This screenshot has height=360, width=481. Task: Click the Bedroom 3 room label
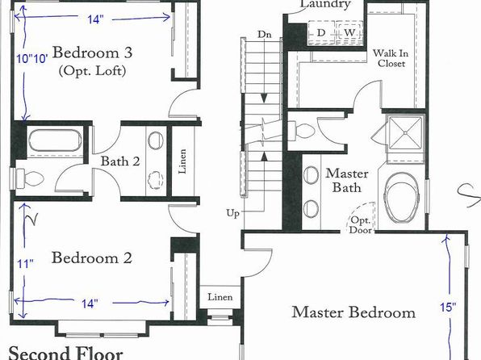click(92, 52)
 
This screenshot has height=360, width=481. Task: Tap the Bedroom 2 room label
click(92, 257)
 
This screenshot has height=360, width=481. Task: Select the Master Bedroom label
click(353, 312)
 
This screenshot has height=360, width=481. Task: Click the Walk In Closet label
click(391, 58)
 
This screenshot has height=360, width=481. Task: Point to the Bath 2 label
click(120, 161)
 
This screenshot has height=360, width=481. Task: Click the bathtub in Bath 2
click(55, 140)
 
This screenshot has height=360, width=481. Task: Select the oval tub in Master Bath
click(401, 199)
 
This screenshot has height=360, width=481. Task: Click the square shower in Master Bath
click(405, 133)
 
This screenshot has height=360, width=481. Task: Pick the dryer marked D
click(321, 32)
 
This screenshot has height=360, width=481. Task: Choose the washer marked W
click(349, 32)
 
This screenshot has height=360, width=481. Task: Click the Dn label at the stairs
click(265, 34)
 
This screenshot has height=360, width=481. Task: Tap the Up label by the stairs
click(232, 213)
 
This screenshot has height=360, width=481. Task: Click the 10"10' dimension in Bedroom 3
click(32, 58)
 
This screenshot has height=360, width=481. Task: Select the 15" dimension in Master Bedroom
click(448, 307)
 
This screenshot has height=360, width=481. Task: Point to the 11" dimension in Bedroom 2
click(25, 264)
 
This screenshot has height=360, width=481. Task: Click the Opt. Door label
click(361, 225)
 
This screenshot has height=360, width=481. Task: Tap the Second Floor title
click(65, 354)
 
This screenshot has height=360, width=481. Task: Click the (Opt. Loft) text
click(92, 71)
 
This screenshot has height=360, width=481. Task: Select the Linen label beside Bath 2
click(182, 161)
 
